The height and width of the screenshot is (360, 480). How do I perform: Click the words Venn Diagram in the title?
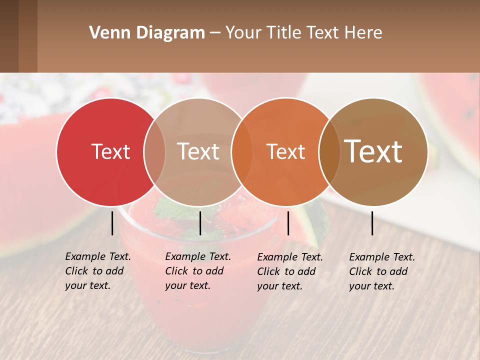pos(147,33)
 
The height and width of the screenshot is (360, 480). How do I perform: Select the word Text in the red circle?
pos(110,151)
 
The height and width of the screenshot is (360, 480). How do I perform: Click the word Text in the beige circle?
pos(198,151)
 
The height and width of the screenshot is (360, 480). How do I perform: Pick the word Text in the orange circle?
pos(285,151)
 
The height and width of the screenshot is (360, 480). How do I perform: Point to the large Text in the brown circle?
pos(373,151)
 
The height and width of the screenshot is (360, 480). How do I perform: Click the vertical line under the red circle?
pos(112,223)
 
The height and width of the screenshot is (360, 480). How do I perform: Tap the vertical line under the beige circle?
pos(200,223)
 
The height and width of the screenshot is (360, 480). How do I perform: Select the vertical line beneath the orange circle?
pos(288,223)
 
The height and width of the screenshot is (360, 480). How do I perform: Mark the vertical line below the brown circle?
pos(372,223)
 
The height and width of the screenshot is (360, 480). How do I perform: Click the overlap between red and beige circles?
pos(154,151)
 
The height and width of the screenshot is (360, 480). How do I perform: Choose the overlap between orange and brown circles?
pos(329,151)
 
